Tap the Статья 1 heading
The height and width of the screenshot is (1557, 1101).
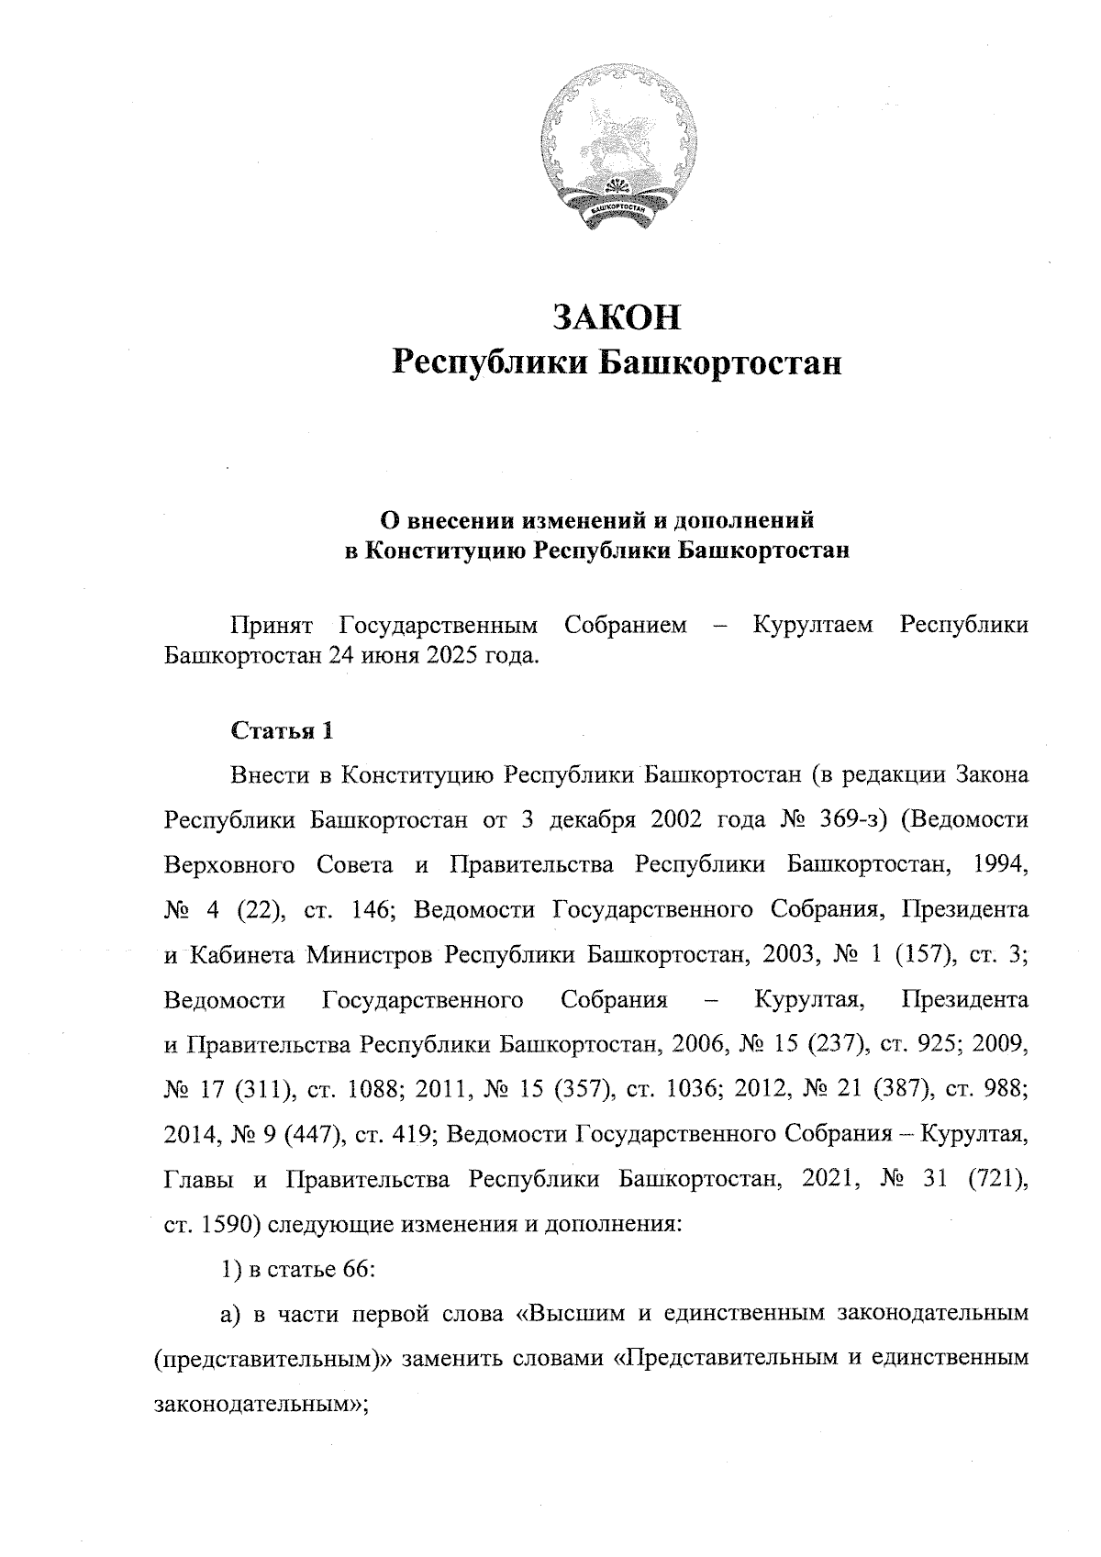281,731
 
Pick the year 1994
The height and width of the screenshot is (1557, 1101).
999,864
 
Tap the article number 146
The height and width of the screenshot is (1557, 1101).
373,909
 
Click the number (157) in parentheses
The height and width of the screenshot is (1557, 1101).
918,954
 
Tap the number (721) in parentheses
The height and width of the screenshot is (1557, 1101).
997,1179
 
